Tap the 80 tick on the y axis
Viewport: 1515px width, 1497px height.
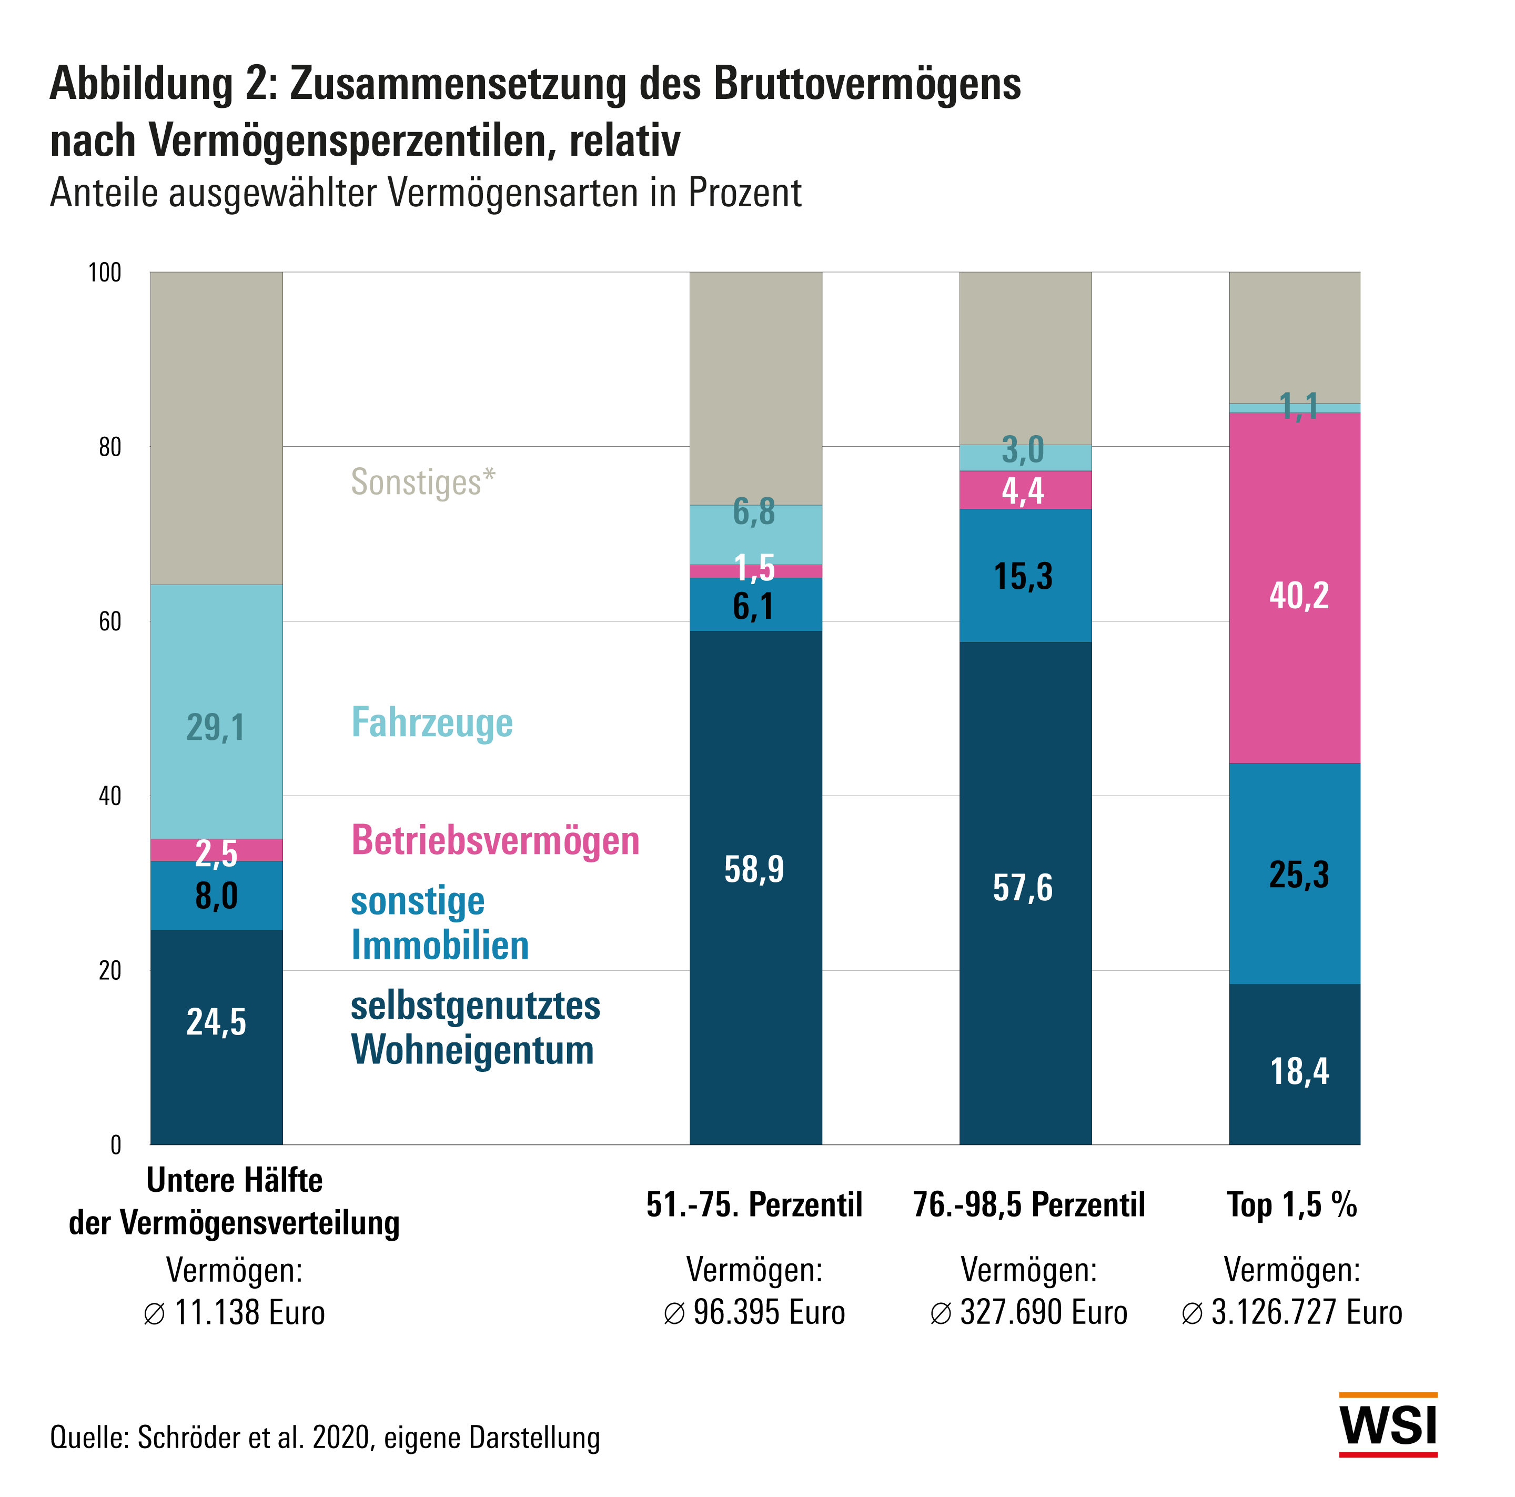coord(110,447)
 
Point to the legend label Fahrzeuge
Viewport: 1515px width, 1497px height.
coord(431,722)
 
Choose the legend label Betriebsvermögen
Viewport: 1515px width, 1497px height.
coord(496,840)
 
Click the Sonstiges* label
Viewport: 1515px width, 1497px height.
coord(422,481)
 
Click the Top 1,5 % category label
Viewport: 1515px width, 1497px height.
coord(1291,1204)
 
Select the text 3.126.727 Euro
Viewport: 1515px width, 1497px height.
coord(1306,1312)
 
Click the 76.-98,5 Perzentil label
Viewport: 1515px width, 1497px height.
coord(1029,1204)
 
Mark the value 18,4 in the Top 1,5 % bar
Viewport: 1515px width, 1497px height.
coord(1299,1071)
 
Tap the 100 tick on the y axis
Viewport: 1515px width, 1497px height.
coord(105,273)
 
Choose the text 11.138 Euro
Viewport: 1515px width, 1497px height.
coord(249,1312)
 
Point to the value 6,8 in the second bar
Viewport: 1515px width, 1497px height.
coord(754,512)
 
